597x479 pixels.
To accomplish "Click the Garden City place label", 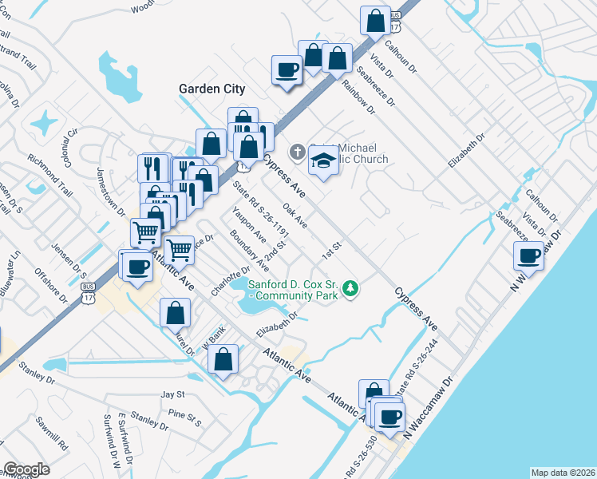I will [212, 89].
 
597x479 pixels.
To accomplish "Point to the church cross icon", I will [296, 152].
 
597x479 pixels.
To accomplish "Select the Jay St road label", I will [172, 394].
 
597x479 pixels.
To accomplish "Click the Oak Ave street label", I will [295, 216].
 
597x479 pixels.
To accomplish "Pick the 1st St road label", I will [330, 250].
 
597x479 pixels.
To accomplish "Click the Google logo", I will [26, 469].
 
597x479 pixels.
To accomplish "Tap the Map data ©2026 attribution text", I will [562, 473].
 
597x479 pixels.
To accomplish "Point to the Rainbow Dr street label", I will [358, 93].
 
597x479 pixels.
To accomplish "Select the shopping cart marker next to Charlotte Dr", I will [180, 250].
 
